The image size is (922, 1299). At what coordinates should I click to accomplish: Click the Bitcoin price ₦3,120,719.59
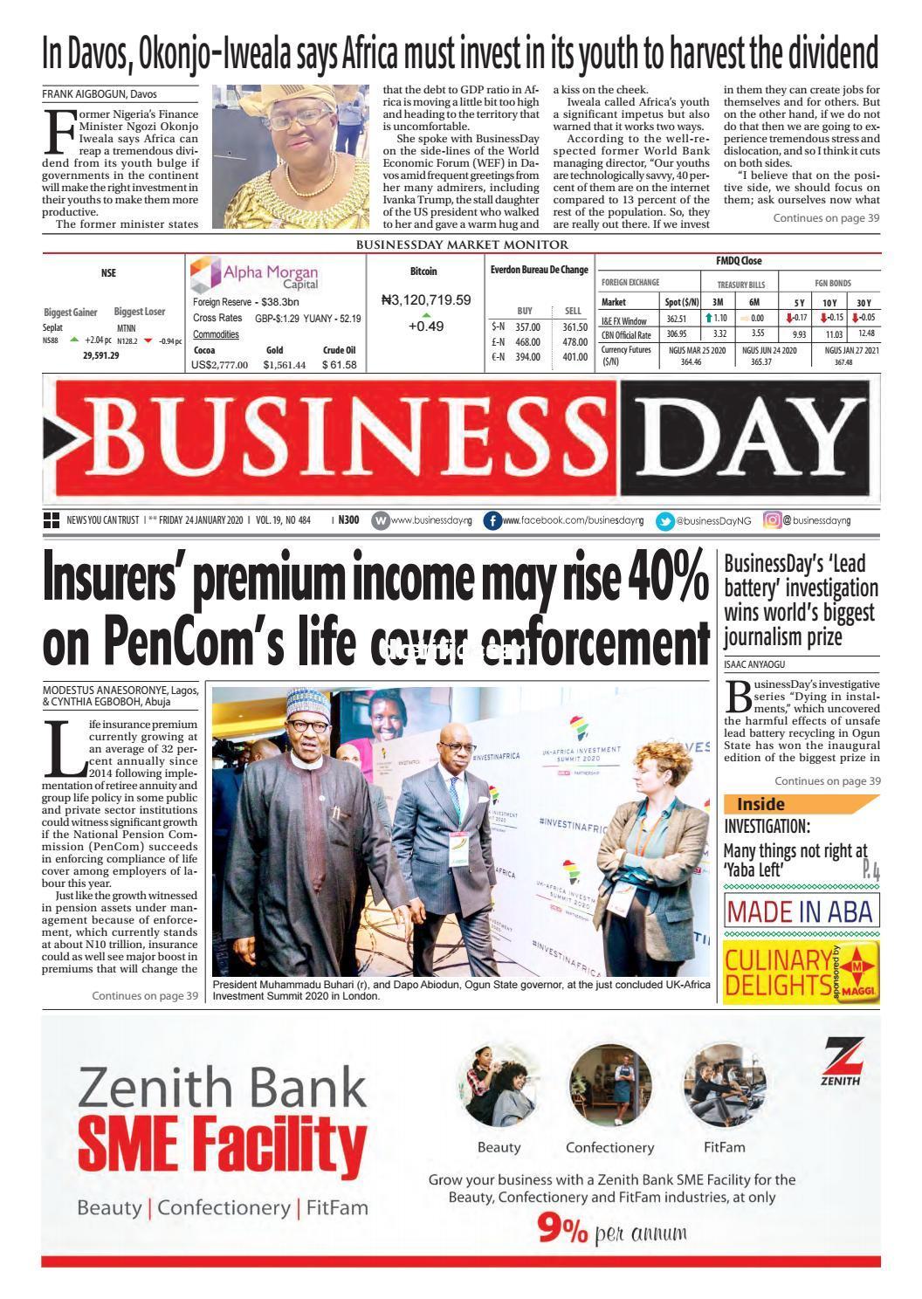pyautogui.click(x=426, y=300)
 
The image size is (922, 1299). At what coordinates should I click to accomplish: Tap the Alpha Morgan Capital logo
pyautogui.click(x=254, y=276)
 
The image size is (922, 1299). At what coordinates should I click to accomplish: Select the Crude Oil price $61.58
pyautogui.click(x=339, y=365)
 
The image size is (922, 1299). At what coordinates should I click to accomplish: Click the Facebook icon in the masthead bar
pyautogui.click(x=492, y=520)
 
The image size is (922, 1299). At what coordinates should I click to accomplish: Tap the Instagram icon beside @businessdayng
pyautogui.click(x=772, y=520)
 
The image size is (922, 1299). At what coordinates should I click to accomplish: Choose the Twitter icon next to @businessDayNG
pyautogui.click(x=665, y=520)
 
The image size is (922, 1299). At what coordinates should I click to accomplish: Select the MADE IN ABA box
pyautogui.click(x=801, y=912)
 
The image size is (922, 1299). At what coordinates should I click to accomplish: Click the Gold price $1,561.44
pyautogui.click(x=284, y=365)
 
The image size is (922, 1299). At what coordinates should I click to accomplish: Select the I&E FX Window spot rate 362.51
pyautogui.click(x=677, y=320)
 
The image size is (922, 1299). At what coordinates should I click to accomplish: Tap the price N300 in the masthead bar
pyautogui.click(x=348, y=520)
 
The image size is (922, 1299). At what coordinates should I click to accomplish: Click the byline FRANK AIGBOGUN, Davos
pyautogui.click(x=100, y=93)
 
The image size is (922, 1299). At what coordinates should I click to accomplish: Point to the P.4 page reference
pyautogui.click(x=870, y=870)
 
